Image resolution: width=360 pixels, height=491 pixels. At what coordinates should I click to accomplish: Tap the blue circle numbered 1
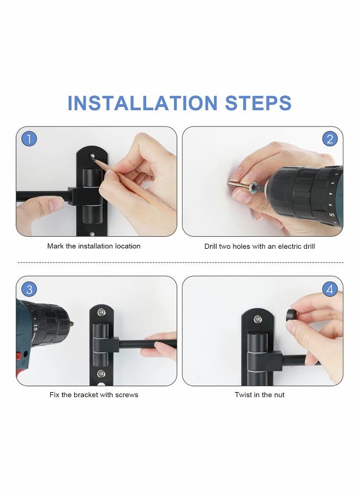[x=29, y=139]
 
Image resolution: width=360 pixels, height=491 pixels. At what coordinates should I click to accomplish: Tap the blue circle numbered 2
[x=329, y=139]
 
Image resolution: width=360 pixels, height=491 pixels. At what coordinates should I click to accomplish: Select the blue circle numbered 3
[x=29, y=289]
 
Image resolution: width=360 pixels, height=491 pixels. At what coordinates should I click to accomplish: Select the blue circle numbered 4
[x=329, y=289]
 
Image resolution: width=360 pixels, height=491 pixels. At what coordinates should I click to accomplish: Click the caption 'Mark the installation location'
[x=94, y=246]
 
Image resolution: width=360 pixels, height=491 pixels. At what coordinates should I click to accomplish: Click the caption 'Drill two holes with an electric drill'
[x=260, y=247]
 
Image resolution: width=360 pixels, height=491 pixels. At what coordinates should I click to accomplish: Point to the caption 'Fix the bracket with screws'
[x=94, y=394]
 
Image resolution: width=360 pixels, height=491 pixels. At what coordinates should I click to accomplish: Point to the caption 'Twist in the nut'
[x=260, y=394]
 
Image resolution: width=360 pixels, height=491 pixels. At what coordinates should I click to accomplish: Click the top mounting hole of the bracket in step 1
[x=92, y=156]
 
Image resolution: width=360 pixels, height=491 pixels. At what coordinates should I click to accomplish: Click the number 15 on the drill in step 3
[x=35, y=327]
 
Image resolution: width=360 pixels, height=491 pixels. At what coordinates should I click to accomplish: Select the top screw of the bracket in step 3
[x=101, y=312]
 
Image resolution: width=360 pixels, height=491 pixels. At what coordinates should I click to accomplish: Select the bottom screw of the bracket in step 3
[x=101, y=374]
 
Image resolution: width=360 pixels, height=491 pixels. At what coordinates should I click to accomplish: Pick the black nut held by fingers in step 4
[x=291, y=315]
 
